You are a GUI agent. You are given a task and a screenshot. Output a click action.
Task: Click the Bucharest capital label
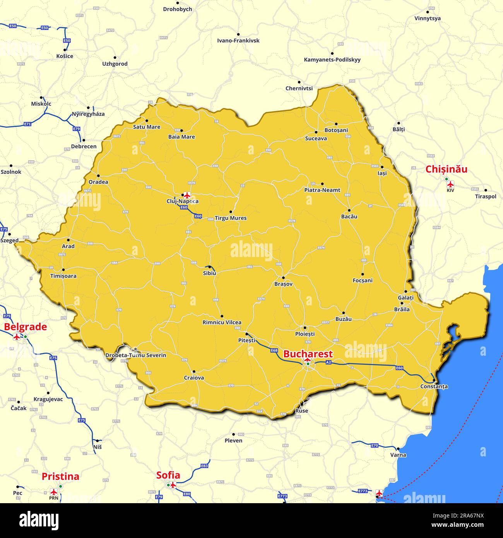[x=308, y=354]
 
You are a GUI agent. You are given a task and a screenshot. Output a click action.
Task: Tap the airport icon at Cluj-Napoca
[x=188, y=194]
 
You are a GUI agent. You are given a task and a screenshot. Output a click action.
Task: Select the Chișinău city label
[x=446, y=170]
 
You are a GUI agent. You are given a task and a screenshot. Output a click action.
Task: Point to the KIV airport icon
[x=450, y=184]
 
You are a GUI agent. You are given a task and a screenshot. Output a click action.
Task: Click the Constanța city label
[x=434, y=386]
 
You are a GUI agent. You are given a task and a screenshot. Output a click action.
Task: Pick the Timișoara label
[x=63, y=276]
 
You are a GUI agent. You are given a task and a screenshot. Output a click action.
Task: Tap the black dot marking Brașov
[x=283, y=278]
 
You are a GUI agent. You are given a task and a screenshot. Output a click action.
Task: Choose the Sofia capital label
[x=168, y=475]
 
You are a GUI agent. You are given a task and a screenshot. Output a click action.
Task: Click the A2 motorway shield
[x=328, y=362]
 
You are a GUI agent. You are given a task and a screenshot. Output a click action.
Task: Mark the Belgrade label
[x=26, y=327]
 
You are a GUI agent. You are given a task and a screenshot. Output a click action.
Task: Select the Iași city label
[x=382, y=173]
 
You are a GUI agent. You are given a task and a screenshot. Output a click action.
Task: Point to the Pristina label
[x=60, y=476]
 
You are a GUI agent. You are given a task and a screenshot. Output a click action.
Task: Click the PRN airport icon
[x=54, y=492]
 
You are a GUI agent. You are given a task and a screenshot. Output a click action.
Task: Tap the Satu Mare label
[x=147, y=127]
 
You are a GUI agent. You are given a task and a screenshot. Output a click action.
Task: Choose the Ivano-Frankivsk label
[x=238, y=41]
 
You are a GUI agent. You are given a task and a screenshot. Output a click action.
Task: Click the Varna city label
[x=398, y=455]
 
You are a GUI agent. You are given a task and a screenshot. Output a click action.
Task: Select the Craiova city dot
[x=194, y=372]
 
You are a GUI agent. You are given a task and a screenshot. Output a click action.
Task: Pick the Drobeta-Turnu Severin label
[x=136, y=355]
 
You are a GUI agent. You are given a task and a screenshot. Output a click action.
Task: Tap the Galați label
[x=405, y=298]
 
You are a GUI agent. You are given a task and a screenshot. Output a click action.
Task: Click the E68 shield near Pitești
[x=274, y=350]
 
